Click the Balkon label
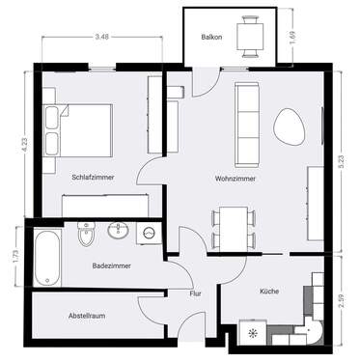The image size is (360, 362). click(211, 38)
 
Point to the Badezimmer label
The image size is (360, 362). click(112, 264)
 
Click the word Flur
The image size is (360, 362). click(195, 294)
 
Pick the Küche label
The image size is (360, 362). click(269, 290)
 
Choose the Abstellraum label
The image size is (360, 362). click(88, 315)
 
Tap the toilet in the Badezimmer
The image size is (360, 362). click(85, 235)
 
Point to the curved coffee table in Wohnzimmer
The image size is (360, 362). click(290, 125)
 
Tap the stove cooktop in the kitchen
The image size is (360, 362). click(254, 334)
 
